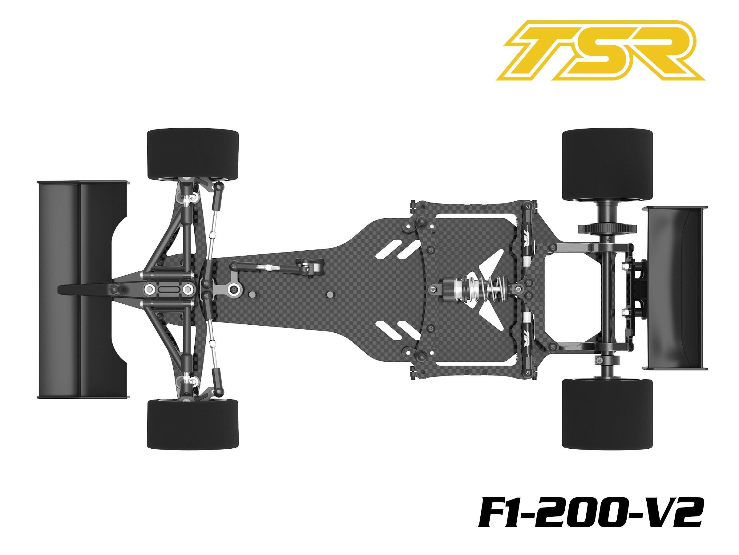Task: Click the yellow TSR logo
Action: pos(600,51)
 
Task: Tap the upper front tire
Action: pos(193,154)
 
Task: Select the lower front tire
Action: pos(193,424)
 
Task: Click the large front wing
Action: pos(82,290)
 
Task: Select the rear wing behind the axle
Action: pos(675,288)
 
